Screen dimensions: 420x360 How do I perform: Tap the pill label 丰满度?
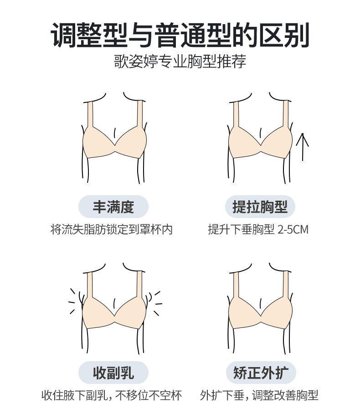(113, 207)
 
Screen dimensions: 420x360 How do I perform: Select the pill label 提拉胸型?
(260, 207)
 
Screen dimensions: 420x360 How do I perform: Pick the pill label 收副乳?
(113, 373)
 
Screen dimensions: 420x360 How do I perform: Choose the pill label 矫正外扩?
(260, 373)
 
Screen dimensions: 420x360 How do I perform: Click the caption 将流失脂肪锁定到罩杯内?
(112, 229)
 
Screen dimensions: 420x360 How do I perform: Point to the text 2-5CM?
(292, 229)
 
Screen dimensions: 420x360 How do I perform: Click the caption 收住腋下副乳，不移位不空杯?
(112, 395)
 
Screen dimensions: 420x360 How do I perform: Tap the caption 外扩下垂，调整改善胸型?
(259, 395)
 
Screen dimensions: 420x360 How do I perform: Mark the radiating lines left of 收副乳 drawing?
(73, 301)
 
